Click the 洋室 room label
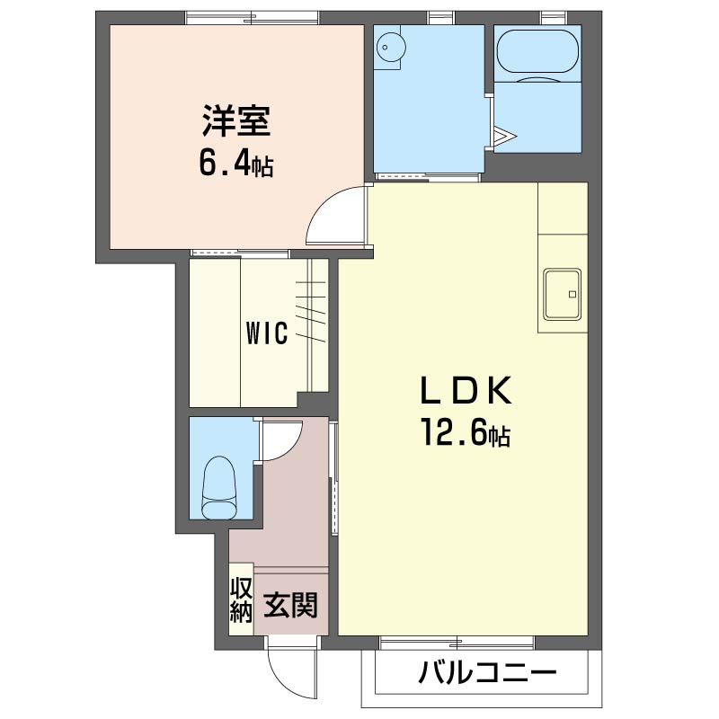(x=236, y=120)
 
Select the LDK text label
(x=466, y=390)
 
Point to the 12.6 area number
(x=453, y=432)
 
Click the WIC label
(x=267, y=333)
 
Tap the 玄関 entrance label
(x=290, y=605)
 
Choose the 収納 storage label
(x=241, y=599)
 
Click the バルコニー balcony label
(x=487, y=672)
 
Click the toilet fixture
(x=219, y=486)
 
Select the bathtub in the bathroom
(x=537, y=51)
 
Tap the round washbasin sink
(x=391, y=48)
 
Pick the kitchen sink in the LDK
(x=563, y=295)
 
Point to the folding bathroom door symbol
(x=504, y=136)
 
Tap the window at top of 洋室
(x=252, y=18)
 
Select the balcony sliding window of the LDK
(x=457, y=643)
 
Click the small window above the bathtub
(x=554, y=18)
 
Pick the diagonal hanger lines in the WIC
(x=311, y=312)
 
